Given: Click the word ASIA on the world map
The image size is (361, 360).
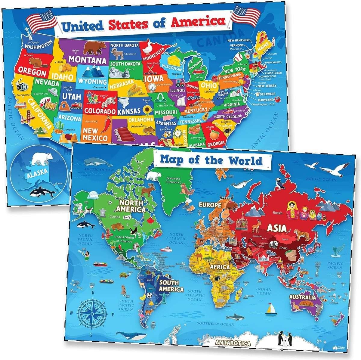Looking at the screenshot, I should coord(277,228).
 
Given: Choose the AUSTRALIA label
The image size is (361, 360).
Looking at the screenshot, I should coord(302,297).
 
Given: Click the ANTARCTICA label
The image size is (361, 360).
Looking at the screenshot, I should coord(233,343).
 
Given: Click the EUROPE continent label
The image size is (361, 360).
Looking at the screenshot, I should coord(210,205).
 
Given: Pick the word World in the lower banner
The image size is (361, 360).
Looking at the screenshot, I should coord(245,160).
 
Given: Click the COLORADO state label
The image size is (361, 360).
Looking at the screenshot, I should coord(100,111).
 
